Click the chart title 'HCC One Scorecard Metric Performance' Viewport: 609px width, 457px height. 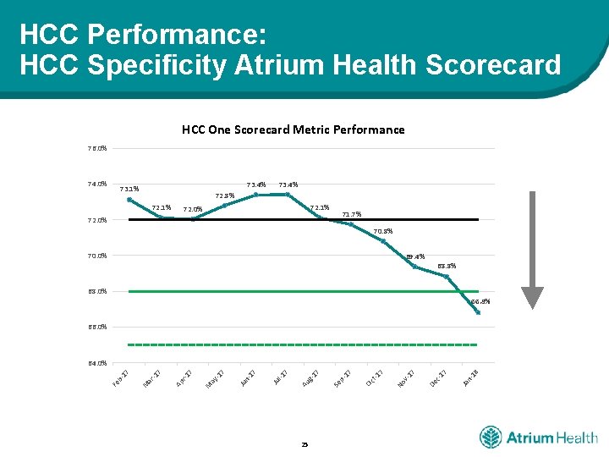(293, 129)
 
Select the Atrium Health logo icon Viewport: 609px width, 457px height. (491, 438)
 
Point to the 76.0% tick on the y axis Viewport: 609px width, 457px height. (96, 149)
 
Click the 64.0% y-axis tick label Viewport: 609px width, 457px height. (96, 363)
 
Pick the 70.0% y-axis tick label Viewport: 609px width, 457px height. (96, 256)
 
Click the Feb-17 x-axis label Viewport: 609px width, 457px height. (120, 380)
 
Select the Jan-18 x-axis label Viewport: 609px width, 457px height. (470, 380)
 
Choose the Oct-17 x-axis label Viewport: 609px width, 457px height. (375, 380)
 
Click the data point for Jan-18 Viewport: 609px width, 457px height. (478, 312)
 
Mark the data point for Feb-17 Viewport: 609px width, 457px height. (129, 200)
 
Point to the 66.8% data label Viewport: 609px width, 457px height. (480, 301)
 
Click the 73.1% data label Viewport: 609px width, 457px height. (129, 189)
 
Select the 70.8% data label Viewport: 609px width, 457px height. (383, 231)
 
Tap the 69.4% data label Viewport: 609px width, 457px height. (414, 256)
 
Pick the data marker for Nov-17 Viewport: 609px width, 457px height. (414, 267)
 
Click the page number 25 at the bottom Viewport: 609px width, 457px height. (304, 444)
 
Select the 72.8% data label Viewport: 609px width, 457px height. (224, 195)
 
